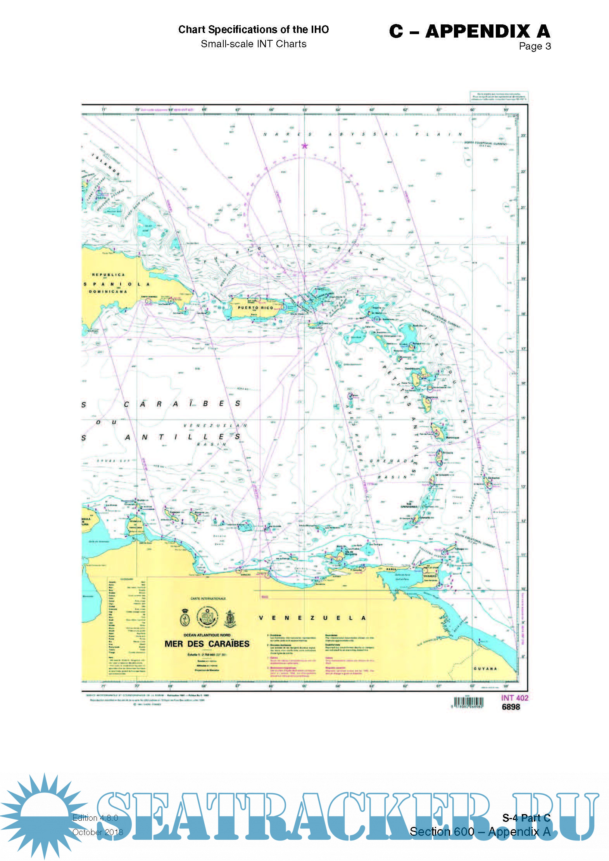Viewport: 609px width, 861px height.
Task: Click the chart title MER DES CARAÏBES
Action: [x=207, y=644]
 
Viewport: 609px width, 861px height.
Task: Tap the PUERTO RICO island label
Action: [x=255, y=308]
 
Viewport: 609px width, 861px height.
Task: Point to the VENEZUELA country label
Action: [x=312, y=618]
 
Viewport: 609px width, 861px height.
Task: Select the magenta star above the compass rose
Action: [x=305, y=146]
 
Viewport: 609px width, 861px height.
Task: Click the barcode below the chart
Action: [x=469, y=703]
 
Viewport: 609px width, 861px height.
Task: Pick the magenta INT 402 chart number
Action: [x=514, y=698]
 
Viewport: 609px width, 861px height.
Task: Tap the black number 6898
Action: [x=511, y=707]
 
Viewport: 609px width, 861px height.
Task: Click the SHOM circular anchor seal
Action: [x=207, y=617]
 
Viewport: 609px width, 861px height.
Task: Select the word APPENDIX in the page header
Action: [x=478, y=31]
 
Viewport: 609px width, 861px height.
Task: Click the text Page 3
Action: [x=535, y=46]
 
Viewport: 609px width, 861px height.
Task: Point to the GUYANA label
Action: [x=485, y=669]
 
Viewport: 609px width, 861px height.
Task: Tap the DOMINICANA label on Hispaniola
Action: [x=108, y=291]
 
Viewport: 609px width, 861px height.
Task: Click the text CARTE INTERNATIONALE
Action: [x=208, y=599]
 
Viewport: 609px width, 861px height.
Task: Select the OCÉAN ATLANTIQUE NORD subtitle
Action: [x=207, y=635]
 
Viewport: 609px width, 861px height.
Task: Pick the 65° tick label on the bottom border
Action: [x=304, y=686]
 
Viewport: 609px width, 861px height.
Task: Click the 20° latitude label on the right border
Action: [x=523, y=243]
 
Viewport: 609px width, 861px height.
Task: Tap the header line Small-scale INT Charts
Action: [x=254, y=44]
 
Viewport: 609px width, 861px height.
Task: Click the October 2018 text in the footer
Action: [x=98, y=832]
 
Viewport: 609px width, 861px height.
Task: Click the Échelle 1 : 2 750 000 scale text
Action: [x=207, y=654]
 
